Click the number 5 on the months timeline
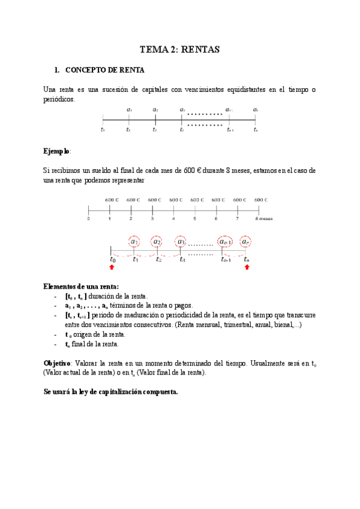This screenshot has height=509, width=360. tap(195, 219)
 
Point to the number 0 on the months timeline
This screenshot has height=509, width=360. tap(88, 219)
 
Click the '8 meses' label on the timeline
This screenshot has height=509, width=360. tap(263, 219)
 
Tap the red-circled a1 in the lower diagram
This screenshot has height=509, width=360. tap(135, 242)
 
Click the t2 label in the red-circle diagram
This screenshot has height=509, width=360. tap(158, 259)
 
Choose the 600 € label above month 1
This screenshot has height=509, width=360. tap(111, 199)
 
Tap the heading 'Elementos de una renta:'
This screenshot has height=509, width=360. tap(81, 286)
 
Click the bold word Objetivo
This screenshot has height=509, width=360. tap(57, 364)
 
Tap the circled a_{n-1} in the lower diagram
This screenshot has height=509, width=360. tap(226, 242)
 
